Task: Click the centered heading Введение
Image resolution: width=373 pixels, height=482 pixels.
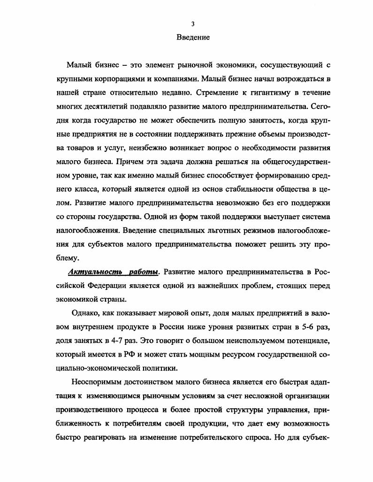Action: pos(193,37)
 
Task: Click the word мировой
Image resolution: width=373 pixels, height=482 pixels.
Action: pos(172,314)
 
